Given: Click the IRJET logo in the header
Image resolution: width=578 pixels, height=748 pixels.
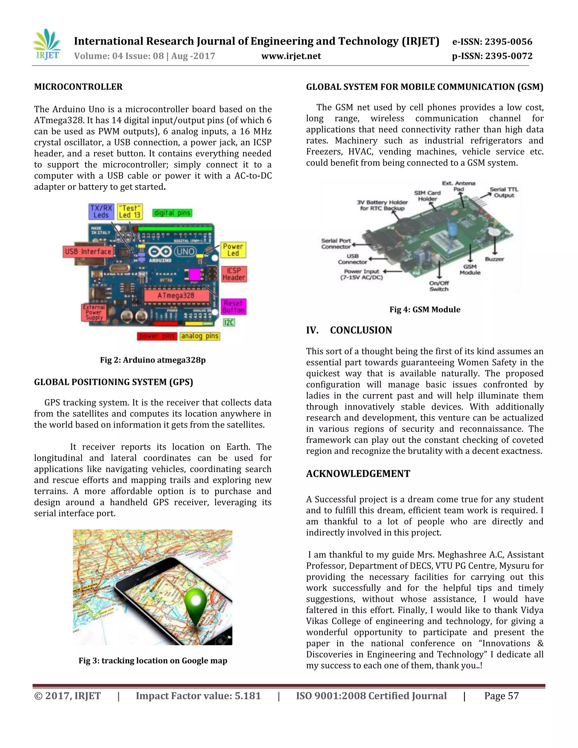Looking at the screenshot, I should [47, 45].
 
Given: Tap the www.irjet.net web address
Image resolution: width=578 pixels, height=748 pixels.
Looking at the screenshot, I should [291, 56].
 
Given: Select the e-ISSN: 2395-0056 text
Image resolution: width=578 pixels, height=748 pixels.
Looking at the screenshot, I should [492, 42].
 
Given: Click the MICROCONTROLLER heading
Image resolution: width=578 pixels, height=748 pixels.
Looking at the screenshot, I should [78, 87].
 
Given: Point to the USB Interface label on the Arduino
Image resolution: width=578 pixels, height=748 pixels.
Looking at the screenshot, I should [88, 251].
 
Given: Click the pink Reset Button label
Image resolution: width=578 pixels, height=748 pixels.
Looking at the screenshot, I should [233, 307].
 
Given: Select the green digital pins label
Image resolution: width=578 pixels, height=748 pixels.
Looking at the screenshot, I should [172, 213].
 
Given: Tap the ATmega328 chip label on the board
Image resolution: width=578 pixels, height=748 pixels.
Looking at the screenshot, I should [176, 295].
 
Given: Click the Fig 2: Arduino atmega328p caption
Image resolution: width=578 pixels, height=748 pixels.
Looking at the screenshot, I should [153, 360].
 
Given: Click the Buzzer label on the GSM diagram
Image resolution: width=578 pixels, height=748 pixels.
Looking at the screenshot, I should [494, 259].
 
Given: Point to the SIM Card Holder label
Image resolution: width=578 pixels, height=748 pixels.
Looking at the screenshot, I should [427, 196].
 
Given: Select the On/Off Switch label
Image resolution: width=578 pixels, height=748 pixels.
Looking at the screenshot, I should [439, 286].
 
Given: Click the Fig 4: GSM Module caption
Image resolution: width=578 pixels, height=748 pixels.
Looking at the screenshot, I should [424, 310].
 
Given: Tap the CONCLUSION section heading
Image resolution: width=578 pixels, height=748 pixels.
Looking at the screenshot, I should [361, 330].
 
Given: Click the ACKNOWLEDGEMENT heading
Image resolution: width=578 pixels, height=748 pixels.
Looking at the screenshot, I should [358, 474].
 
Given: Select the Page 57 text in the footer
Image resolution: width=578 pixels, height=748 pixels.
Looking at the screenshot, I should [501, 696].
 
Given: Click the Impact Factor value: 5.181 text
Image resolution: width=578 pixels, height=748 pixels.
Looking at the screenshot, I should [198, 696].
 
